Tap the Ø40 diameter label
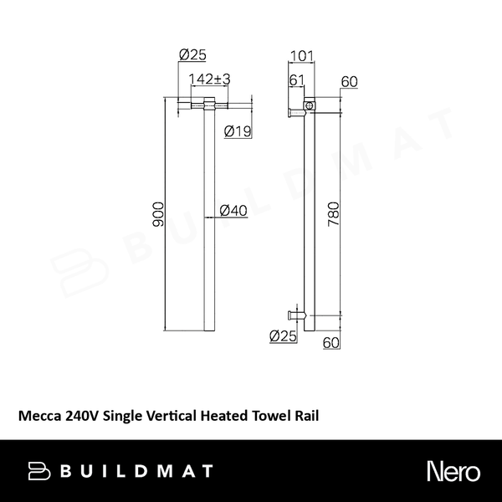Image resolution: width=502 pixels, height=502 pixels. [233, 212]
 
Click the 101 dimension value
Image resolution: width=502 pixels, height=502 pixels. [301, 57]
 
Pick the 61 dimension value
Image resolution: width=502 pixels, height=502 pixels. [295, 79]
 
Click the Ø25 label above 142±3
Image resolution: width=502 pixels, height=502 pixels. [193, 57]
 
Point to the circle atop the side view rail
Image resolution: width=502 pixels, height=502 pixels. [309, 106]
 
